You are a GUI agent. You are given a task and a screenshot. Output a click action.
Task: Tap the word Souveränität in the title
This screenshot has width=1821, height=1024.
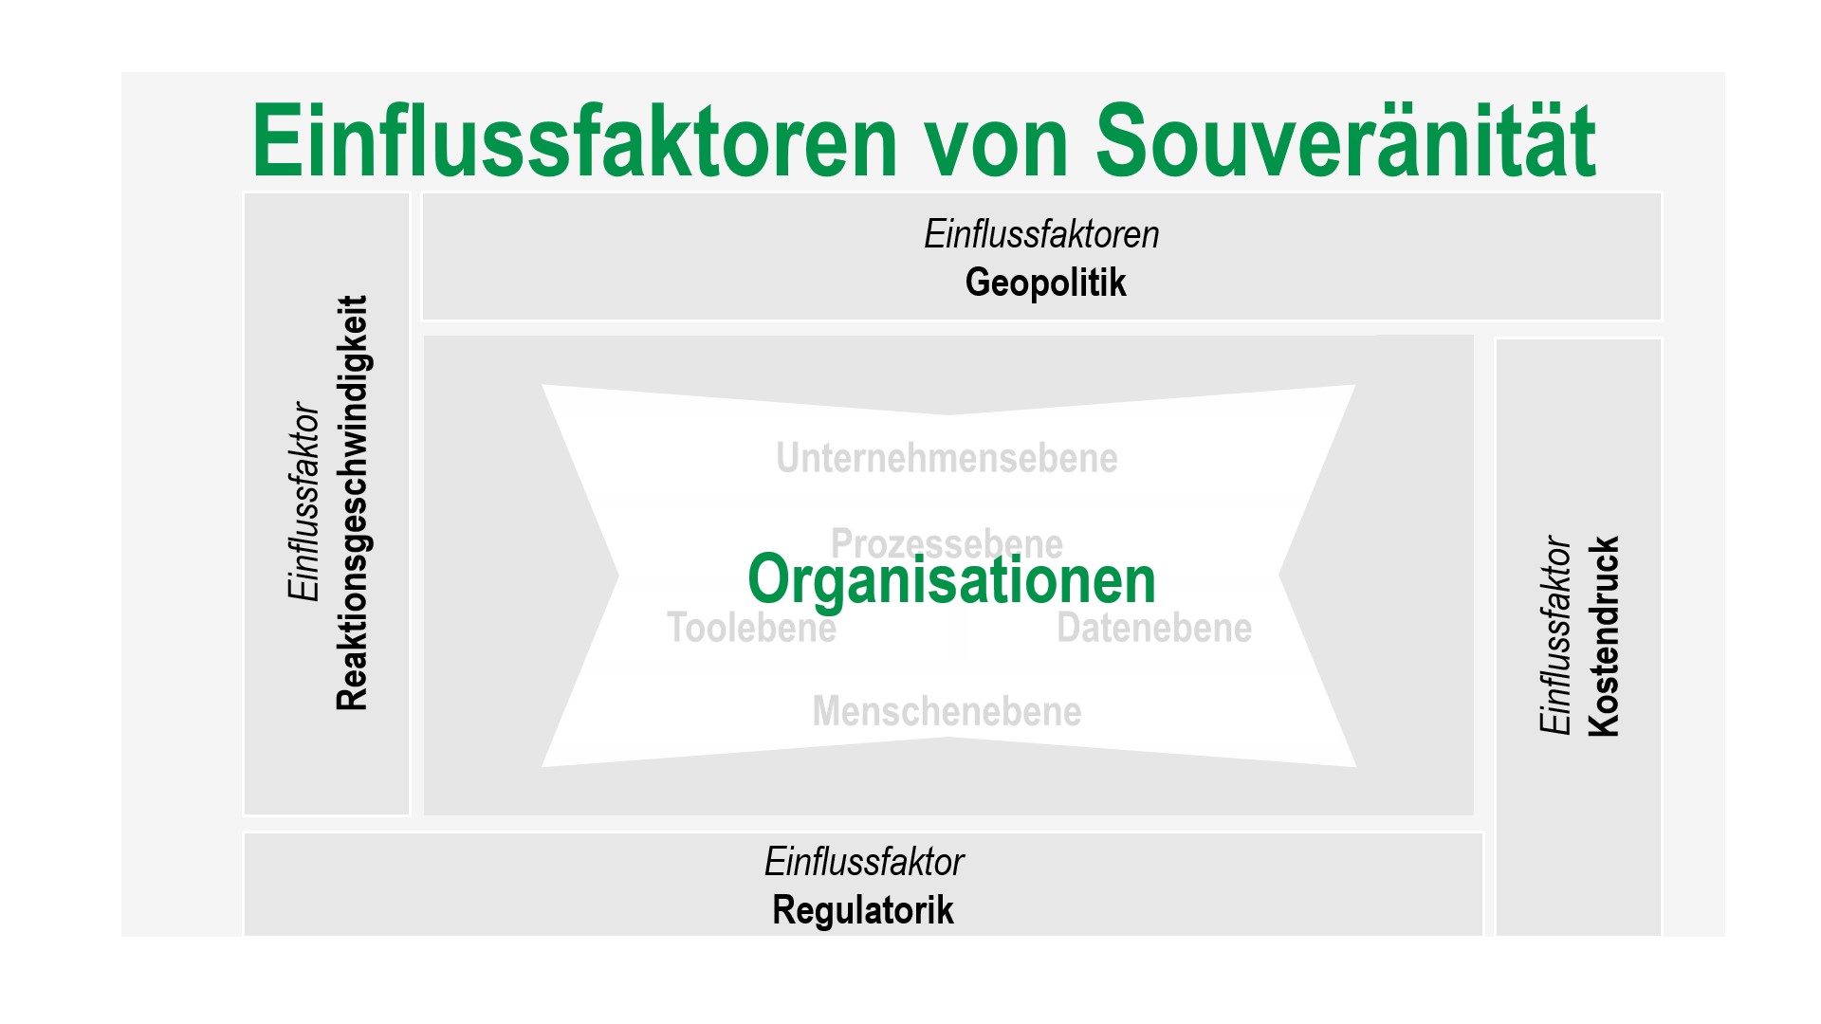coord(1346,140)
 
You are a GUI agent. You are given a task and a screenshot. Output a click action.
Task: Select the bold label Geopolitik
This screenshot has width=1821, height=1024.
coord(1045,283)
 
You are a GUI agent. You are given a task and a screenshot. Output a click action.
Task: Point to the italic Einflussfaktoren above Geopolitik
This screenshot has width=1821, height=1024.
coord(1041,234)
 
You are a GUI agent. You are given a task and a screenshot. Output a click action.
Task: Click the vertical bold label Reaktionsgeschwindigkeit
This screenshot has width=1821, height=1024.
coord(352,503)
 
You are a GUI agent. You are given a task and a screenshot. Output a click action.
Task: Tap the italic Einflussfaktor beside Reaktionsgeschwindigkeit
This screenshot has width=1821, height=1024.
coord(303,502)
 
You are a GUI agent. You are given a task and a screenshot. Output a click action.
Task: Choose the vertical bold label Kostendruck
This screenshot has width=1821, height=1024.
coord(1603,636)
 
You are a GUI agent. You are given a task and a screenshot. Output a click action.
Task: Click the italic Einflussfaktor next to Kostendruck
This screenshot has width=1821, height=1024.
coord(1555,635)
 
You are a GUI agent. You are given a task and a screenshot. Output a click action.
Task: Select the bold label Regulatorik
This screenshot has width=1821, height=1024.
coord(863,910)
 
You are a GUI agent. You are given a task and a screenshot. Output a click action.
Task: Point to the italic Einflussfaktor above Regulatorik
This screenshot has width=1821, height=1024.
coord(864,862)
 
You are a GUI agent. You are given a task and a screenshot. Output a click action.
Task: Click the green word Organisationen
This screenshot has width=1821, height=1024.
coord(951,580)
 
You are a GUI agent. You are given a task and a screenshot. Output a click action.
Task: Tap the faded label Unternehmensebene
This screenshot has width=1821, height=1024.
coord(947,458)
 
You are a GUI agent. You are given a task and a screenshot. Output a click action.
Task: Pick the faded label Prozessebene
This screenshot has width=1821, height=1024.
coord(947,542)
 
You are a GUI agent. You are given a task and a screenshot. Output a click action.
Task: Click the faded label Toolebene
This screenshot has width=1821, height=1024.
coord(751,628)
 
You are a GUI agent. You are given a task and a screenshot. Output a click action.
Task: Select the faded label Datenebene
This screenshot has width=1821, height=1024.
coord(1154,628)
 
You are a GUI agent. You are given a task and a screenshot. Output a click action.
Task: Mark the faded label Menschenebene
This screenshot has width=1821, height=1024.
coord(947,711)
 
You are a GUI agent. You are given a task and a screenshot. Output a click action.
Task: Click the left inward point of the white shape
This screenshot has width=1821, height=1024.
coord(618,575)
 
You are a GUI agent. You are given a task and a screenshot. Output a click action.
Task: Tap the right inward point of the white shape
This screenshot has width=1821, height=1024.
coord(1279,575)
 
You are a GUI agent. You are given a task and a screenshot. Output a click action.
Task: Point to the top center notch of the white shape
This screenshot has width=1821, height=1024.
coord(948,414)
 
